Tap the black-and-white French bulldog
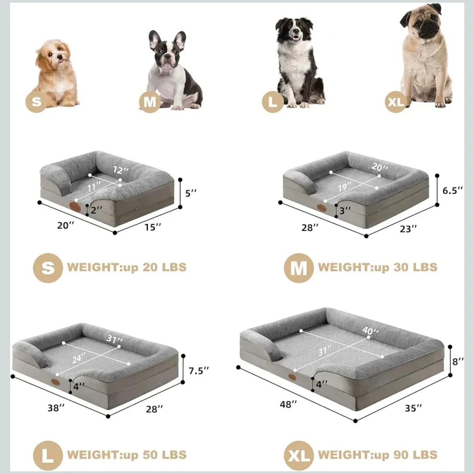173,72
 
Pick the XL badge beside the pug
395,102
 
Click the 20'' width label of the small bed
66,226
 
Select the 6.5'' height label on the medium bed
452,190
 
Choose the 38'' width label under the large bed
56,407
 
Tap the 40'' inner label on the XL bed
370,330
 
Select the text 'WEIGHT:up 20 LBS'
127,267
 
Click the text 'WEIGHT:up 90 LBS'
377,454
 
